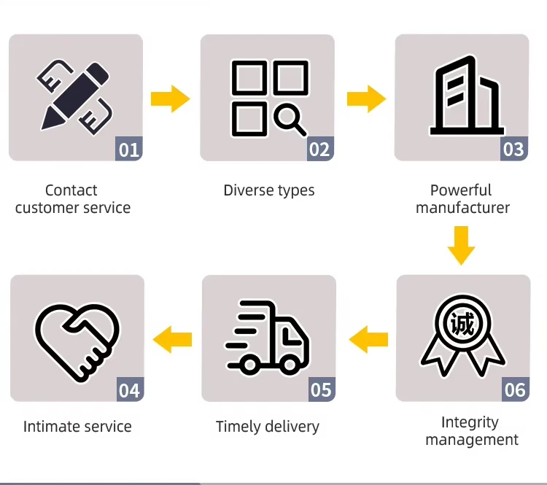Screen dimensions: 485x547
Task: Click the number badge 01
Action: (x=129, y=150)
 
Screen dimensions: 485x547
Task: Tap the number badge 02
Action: (x=319, y=150)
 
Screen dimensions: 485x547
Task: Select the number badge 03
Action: (x=513, y=150)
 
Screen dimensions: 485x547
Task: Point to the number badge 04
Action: (x=129, y=390)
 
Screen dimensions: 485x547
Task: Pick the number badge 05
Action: (x=321, y=390)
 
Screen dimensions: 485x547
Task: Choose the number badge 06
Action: (x=515, y=390)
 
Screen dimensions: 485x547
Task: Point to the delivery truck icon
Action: (x=268, y=338)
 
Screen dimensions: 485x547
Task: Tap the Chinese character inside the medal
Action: (x=462, y=322)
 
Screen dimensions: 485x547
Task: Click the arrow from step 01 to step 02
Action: (x=170, y=98)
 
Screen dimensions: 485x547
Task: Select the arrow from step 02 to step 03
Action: (x=365, y=98)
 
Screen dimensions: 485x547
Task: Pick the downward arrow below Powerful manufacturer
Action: (x=461, y=245)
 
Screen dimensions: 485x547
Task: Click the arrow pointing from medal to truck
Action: (x=368, y=338)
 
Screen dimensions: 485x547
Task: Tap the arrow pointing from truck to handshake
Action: (x=172, y=338)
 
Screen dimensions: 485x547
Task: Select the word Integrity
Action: (x=470, y=422)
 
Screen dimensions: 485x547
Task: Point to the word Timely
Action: (x=238, y=427)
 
